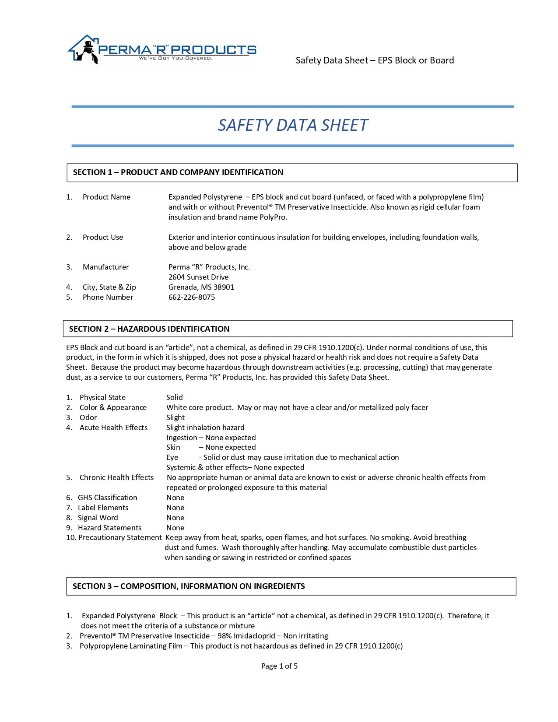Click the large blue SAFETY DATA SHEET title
(x=292, y=125)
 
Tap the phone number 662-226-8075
(x=192, y=297)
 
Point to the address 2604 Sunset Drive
(x=198, y=277)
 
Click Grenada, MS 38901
(x=201, y=287)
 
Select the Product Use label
(x=103, y=237)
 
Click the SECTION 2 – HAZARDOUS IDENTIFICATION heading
(x=149, y=329)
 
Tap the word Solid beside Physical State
(x=174, y=397)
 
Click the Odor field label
(x=88, y=417)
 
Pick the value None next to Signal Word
(x=175, y=518)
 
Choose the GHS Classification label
(x=107, y=498)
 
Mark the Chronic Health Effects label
(x=116, y=477)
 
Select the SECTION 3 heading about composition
(x=189, y=586)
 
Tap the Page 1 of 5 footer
(x=279, y=666)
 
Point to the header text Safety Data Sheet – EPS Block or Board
(x=375, y=60)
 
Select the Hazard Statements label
(x=109, y=528)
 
